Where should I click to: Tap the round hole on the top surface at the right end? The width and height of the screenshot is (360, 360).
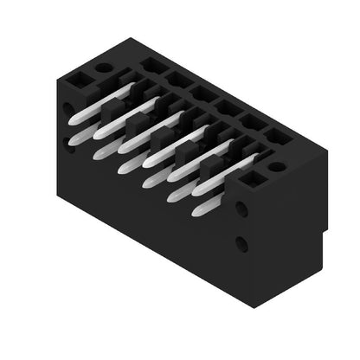coord(276,166)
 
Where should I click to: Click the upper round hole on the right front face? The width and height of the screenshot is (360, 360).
coord(241,209)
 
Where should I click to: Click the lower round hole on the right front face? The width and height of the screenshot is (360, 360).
coord(241,245)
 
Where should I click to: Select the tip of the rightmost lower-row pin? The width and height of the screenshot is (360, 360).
coord(198,209)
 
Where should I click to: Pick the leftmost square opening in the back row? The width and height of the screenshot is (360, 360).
coord(154,65)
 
